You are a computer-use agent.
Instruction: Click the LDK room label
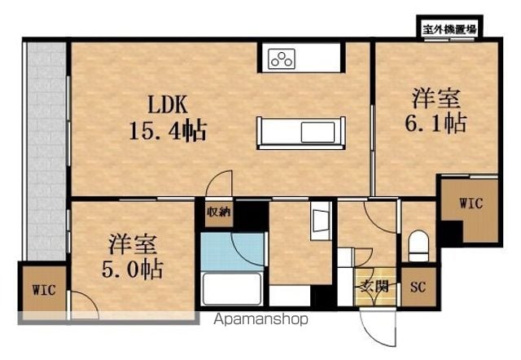(168, 104)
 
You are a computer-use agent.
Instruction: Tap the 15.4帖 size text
(168, 130)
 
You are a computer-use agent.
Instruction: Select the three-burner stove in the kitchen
(282, 59)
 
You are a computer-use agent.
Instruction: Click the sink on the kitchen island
(317, 132)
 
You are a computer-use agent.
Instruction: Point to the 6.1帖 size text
(436, 123)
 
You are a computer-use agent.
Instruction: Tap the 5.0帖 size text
(132, 269)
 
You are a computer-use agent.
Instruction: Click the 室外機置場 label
(449, 29)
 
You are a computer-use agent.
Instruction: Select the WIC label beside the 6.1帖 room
(471, 203)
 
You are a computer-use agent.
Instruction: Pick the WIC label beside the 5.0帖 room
(44, 290)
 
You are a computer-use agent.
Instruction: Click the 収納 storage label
(218, 212)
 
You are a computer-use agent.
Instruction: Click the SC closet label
(418, 287)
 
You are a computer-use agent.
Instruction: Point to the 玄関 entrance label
(374, 286)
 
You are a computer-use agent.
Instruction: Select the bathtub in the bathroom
(232, 289)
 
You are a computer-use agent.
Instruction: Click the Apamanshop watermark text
(260, 319)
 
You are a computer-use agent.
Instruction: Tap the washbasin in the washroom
(321, 221)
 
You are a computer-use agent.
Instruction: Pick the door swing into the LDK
(219, 183)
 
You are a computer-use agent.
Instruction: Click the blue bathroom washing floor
(232, 252)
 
